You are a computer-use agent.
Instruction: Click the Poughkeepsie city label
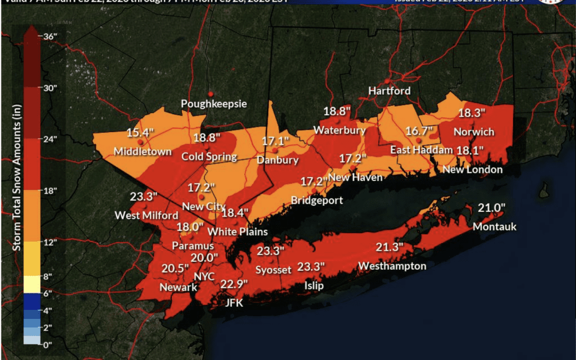214,103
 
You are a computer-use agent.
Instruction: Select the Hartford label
389,91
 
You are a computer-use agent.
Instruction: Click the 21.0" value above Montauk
491,208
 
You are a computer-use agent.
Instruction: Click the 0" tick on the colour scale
50,345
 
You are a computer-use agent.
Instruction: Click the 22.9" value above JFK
234,284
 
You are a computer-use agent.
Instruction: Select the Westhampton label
392,266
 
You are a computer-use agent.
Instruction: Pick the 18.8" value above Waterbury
337,111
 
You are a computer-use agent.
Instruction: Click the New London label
473,170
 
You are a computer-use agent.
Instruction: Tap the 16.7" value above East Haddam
418,131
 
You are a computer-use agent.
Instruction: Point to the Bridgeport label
316,201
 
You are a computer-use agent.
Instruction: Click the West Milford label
147,215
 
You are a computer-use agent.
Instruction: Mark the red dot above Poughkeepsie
211,94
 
